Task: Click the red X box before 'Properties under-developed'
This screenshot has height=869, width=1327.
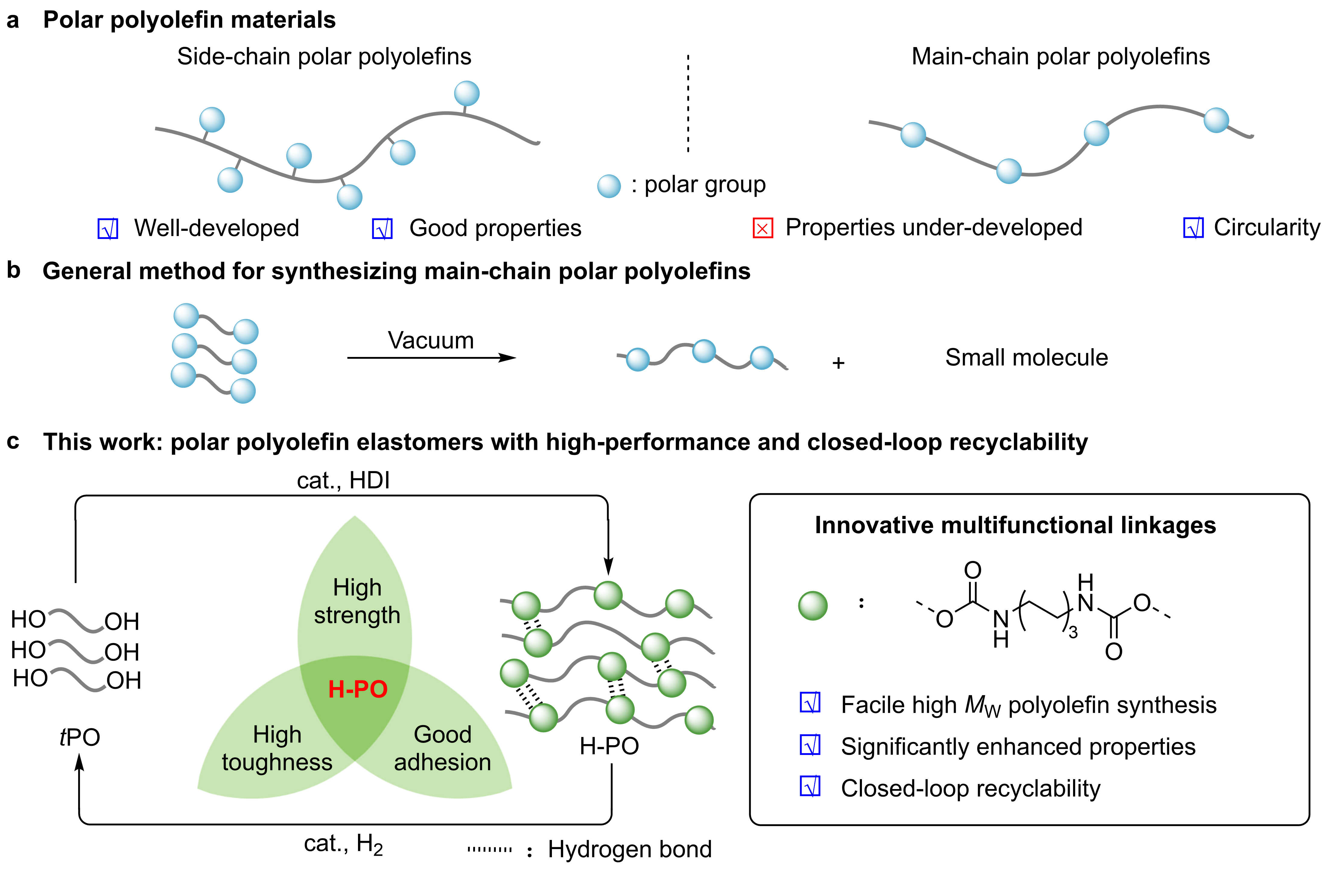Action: (763, 228)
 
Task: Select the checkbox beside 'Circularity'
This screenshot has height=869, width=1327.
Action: (1193, 228)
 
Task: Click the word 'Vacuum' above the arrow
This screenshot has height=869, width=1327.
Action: (430, 340)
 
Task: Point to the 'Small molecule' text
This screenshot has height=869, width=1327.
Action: (1026, 358)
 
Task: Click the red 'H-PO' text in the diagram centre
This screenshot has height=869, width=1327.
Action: (357, 689)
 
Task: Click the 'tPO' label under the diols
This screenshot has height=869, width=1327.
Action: (80, 737)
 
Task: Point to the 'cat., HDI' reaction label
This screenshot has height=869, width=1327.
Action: (343, 480)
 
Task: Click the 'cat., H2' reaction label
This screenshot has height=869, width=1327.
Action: (343, 844)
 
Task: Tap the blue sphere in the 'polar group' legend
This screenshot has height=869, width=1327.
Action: (609, 186)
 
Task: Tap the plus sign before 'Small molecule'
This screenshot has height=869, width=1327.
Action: (838, 363)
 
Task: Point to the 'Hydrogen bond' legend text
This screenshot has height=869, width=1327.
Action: (629, 849)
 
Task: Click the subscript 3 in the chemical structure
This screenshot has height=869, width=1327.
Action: (1073, 632)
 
